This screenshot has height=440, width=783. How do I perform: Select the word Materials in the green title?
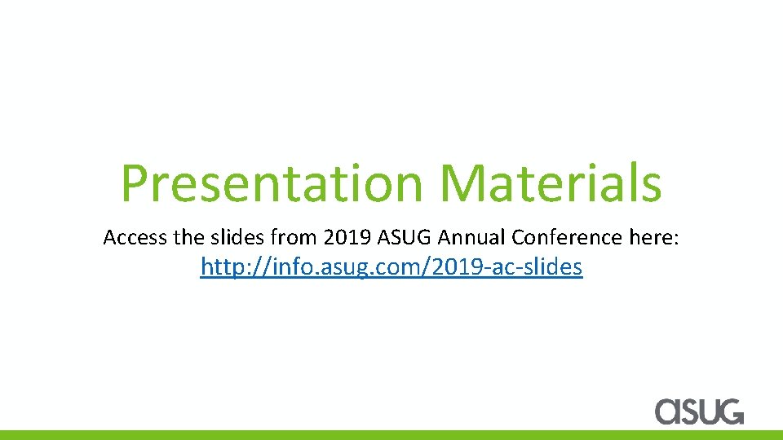(x=551, y=183)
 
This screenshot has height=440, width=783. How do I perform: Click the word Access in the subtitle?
(x=135, y=238)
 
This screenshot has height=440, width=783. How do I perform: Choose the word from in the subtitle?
(x=291, y=238)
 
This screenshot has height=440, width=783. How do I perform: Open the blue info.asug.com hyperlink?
(x=391, y=267)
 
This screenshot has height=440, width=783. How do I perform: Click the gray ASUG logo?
(x=699, y=410)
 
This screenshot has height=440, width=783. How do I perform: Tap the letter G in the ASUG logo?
(x=729, y=410)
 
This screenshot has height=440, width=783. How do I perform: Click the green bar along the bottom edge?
(x=391, y=435)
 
